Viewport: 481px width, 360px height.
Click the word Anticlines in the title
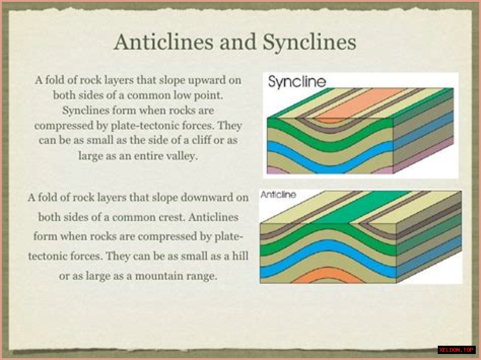pyautogui.click(x=164, y=42)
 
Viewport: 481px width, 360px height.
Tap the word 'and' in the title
pyautogui.click(x=238, y=42)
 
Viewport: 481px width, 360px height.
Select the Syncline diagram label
pyautogui.click(x=297, y=82)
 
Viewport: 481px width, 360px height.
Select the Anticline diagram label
pyautogui.click(x=278, y=194)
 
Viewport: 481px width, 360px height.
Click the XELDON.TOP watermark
pyautogui.click(x=457, y=350)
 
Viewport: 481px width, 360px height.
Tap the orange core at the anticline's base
pyautogui.click(x=328, y=275)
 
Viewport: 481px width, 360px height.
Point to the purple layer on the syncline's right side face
pyautogui.click(x=423, y=156)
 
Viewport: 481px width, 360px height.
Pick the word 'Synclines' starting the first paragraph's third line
pyautogui.click(x=86, y=110)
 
